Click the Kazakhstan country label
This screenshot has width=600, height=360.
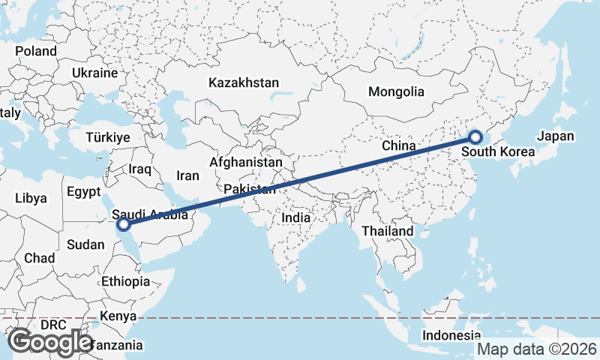point(244,82)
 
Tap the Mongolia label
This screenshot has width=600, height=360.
point(396,92)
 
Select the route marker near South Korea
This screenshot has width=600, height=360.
point(475,136)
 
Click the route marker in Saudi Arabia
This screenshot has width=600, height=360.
point(124,223)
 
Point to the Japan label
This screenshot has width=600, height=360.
point(555,136)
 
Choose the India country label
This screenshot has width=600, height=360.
point(295,217)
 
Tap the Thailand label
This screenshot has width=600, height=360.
point(388,231)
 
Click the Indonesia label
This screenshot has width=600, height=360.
point(451,334)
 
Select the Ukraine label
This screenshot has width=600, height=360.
point(95,73)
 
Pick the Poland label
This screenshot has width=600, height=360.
point(36,51)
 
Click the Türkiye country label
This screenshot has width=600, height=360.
point(108,137)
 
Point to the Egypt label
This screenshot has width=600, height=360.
point(83,191)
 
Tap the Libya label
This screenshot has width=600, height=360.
point(31,199)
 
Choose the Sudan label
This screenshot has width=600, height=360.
point(86,244)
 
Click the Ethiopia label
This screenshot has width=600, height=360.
point(126,282)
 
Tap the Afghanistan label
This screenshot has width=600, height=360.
point(246,162)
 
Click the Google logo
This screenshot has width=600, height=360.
point(50,341)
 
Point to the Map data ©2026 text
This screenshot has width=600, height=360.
point(536,349)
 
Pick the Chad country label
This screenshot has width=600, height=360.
point(39,258)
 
